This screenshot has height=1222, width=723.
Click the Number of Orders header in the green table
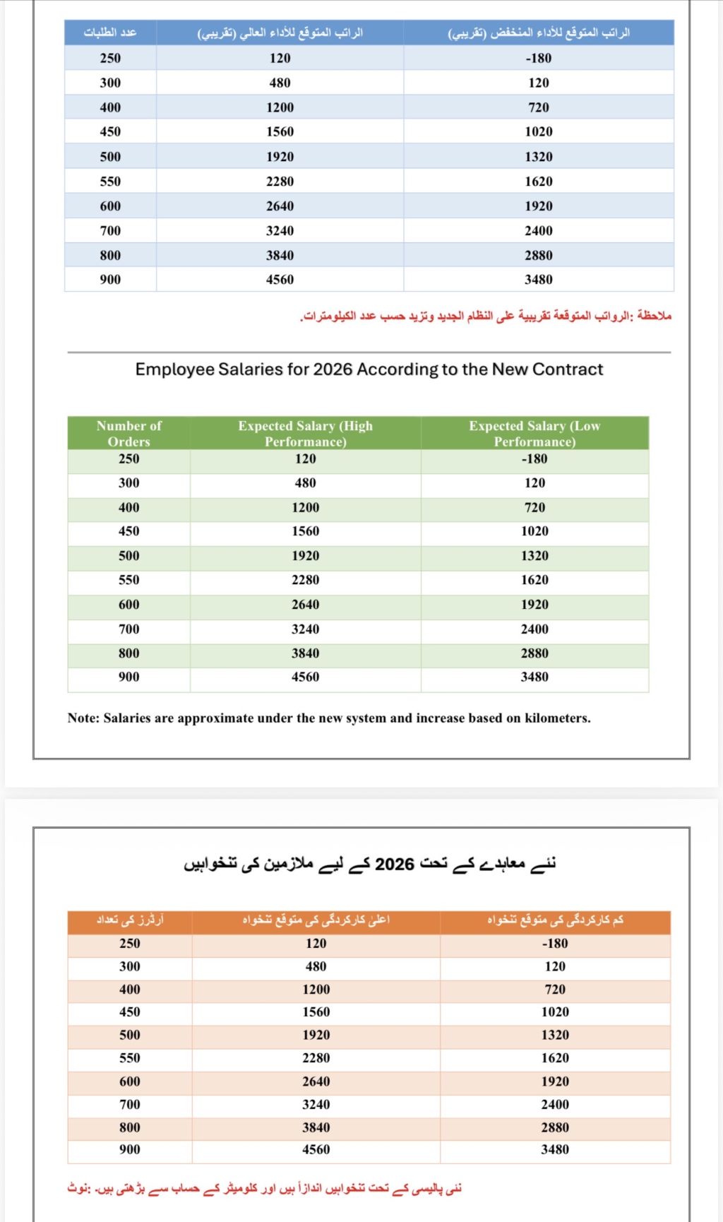(x=129, y=434)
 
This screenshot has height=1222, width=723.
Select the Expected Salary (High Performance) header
(x=305, y=434)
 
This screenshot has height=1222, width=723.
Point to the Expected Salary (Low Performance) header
(x=534, y=434)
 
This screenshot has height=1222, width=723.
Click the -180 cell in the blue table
(x=539, y=58)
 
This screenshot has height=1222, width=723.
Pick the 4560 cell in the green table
(x=305, y=677)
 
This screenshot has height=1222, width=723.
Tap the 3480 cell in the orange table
(x=555, y=1149)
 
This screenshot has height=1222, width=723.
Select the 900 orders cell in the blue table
(x=110, y=279)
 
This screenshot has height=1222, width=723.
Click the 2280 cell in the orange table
(x=316, y=1057)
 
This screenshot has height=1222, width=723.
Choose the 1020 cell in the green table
(x=534, y=531)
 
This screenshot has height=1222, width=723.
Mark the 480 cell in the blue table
(x=280, y=83)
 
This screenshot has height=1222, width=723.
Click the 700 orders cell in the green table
(x=129, y=629)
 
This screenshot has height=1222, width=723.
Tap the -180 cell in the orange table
(x=555, y=943)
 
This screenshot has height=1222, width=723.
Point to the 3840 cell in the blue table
(x=280, y=255)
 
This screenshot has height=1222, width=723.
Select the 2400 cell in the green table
(x=534, y=629)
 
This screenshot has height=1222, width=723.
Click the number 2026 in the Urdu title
(x=394, y=865)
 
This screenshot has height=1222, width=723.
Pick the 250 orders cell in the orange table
(x=130, y=943)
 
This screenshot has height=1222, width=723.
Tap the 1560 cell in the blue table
(x=280, y=131)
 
